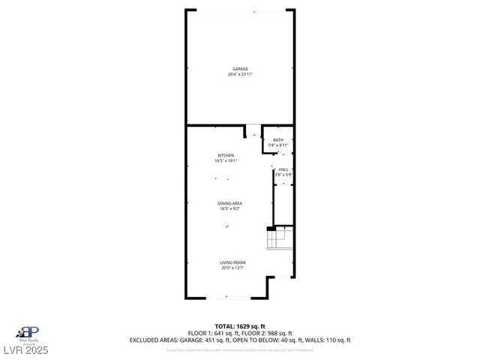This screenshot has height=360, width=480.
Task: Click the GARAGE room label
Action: pyautogui.click(x=240, y=69)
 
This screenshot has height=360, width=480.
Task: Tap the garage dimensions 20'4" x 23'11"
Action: pyautogui.click(x=240, y=74)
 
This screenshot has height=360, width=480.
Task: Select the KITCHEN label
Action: pyautogui.click(x=226, y=155)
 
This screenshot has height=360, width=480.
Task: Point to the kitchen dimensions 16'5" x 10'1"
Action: pyautogui.click(x=226, y=160)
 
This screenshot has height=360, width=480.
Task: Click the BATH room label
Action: pyautogui.click(x=278, y=140)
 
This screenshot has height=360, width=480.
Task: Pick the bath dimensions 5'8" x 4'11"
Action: pyautogui.click(x=278, y=145)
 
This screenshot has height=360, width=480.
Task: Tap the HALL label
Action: pyautogui.click(x=283, y=170)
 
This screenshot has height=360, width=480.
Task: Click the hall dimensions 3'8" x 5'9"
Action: pyautogui.click(x=283, y=175)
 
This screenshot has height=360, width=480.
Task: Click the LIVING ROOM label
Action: pyautogui.click(x=232, y=262)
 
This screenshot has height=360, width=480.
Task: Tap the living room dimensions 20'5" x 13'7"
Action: pyautogui.click(x=232, y=268)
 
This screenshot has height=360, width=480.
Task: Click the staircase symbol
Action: pyautogui.click(x=280, y=239)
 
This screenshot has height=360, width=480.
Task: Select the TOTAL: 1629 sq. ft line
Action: pyautogui.click(x=240, y=327)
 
